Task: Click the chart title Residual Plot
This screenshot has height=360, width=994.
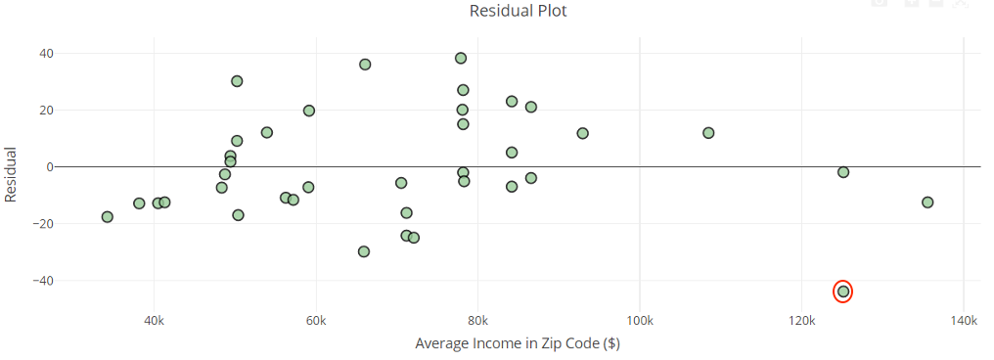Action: click(x=518, y=12)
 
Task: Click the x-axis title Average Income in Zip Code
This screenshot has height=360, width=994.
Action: click(x=518, y=343)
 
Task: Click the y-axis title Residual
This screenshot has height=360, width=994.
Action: click(x=12, y=174)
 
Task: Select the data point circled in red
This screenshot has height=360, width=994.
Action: click(x=843, y=292)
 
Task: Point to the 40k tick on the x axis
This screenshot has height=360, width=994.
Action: click(x=154, y=320)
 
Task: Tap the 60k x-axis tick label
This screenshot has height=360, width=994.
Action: click(x=315, y=320)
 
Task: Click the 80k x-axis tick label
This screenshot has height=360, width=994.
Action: click(x=477, y=320)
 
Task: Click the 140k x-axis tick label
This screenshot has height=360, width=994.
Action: click(x=964, y=320)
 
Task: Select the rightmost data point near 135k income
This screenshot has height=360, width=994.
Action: click(x=927, y=202)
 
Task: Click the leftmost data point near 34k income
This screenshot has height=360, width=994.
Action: click(x=108, y=217)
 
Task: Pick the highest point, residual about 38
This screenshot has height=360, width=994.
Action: click(x=461, y=58)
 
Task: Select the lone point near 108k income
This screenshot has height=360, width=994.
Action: click(x=708, y=133)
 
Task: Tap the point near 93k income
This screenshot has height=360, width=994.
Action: click(x=583, y=133)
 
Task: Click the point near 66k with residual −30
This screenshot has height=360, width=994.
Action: click(x=364, y=251)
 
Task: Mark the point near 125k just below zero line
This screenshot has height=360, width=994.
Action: click(x=843, y=172)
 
